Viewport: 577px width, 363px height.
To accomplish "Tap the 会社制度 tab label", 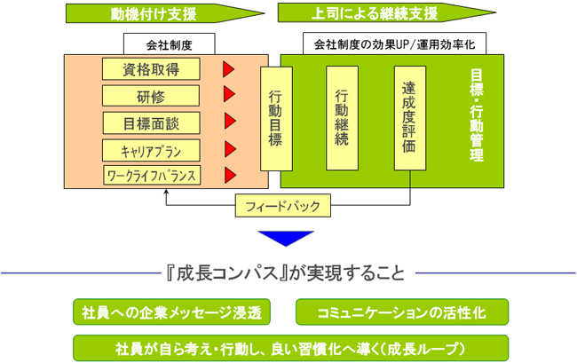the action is tap(170, 44).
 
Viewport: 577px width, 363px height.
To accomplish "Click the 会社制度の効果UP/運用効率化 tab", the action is tap(394, 43).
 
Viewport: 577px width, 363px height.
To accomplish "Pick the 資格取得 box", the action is tap(151, 68).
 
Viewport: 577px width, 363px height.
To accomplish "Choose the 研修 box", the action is tap(151, 96).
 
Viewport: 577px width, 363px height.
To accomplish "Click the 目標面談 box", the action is tap(151, 123).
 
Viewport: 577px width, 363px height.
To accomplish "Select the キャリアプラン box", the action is tap(151, 150).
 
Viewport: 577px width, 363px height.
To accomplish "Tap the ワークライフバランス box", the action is tap(152, 176).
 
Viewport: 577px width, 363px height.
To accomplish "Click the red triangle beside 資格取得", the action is tap(228, 69).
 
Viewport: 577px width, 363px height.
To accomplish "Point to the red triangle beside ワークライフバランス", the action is tap(230, 175).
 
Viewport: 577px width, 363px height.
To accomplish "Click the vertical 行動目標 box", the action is tap(276, 118).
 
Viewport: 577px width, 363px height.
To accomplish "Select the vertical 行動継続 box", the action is tap(343, 118).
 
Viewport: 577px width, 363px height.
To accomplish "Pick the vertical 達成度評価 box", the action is tap(410, 118).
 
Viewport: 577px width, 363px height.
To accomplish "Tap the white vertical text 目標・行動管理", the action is tap(477, 115).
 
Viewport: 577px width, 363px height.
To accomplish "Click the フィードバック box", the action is tap(283, 206).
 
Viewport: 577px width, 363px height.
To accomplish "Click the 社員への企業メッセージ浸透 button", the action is tap(172, 312).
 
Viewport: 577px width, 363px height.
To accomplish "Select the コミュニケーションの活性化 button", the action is tap(402, 312).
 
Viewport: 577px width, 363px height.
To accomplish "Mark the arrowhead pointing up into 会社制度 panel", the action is tap(166, 192).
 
